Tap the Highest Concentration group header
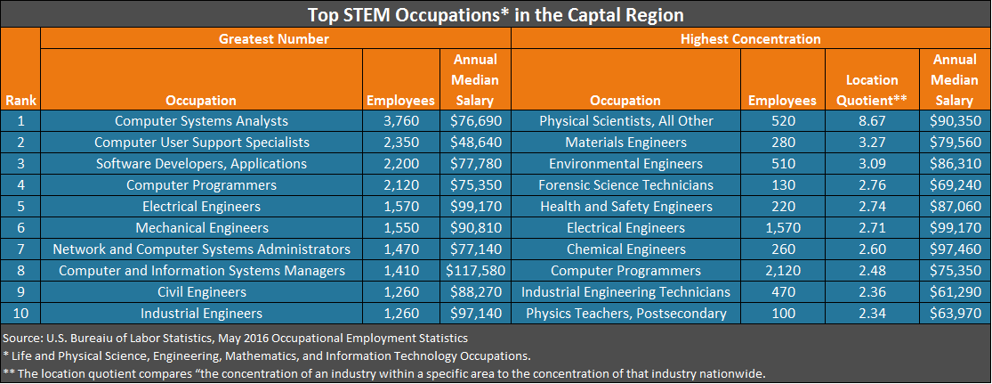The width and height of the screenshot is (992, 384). click(750, 39)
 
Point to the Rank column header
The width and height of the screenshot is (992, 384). click(20, 101)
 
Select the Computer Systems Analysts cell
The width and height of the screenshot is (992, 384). click(202, 121)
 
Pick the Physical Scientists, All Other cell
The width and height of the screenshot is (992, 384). click(625, 121)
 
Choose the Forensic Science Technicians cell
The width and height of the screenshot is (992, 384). click(625, 185)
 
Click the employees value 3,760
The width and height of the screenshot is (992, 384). click(400, 121)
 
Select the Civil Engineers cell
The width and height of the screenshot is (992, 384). click(202, 292)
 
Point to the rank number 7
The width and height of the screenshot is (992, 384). click(20, 249)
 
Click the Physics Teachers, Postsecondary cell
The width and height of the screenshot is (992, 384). click(625, 314)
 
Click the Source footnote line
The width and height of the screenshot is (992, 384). click(235, 339)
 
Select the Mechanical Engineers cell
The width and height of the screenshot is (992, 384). click(202, 228)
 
